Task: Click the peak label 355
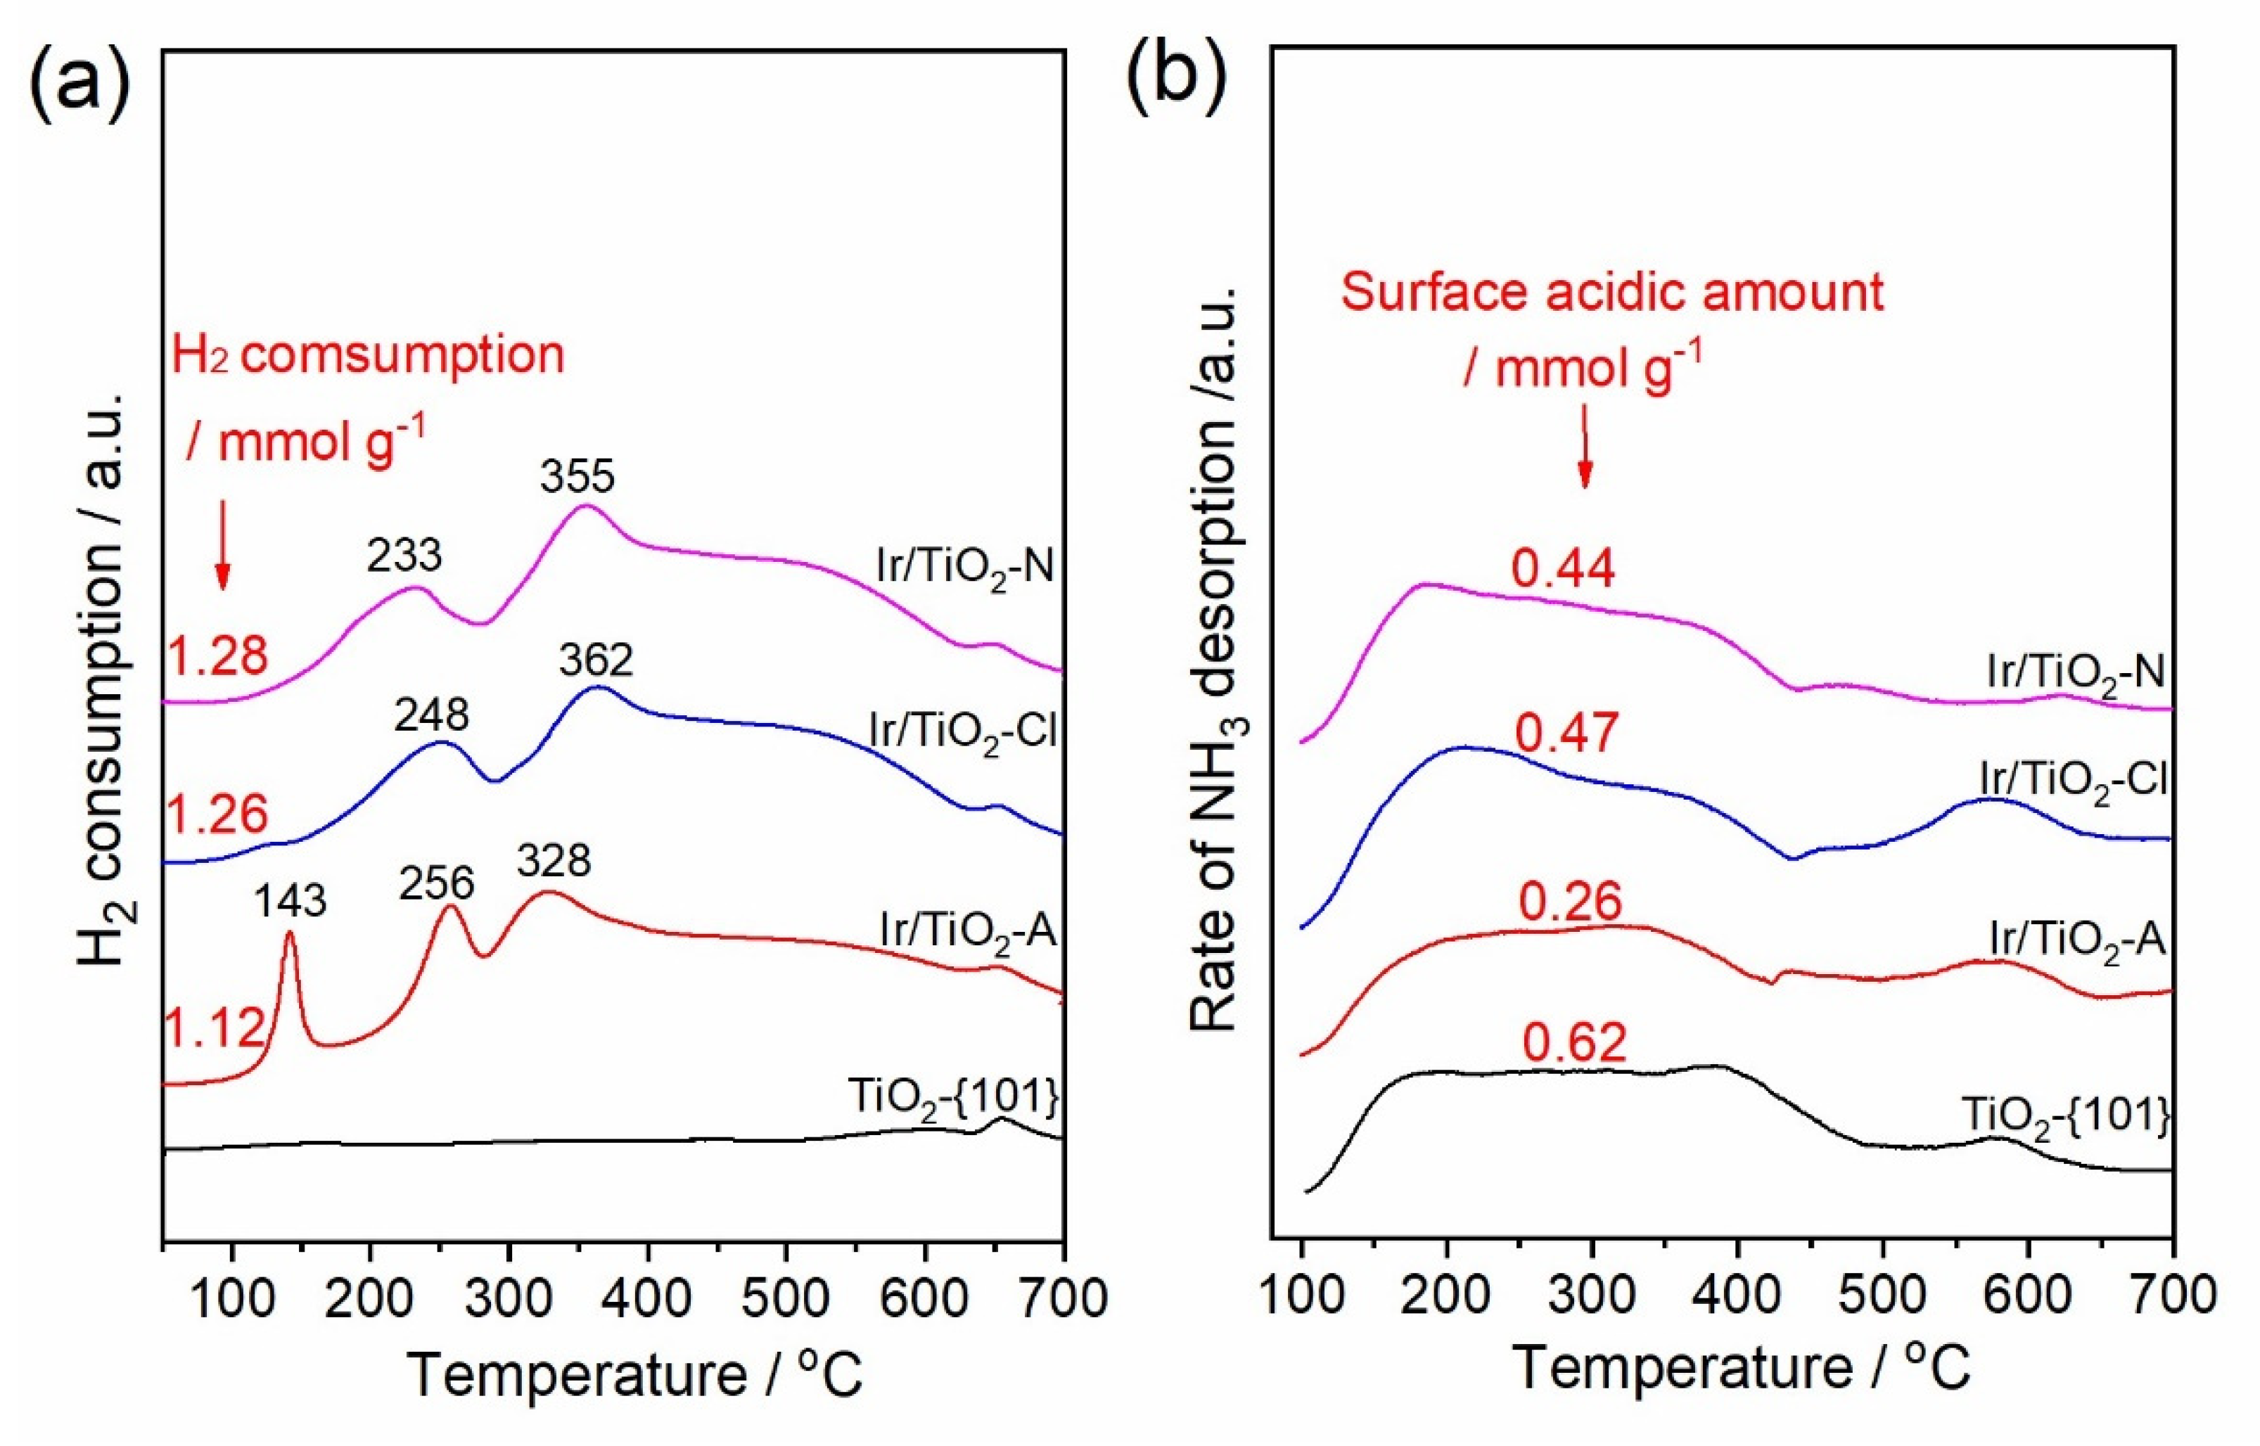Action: coord(577,476)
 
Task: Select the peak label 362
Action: coord(596,660)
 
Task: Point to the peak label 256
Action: coord(437,883)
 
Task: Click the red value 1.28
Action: coord(218,655)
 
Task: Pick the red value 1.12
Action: coord(216,1028)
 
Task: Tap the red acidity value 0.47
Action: coord(1567,732)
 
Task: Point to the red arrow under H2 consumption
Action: coord(222,544)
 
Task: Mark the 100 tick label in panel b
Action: coord(1301,1294)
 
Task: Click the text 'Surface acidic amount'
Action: coord(1612,291)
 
